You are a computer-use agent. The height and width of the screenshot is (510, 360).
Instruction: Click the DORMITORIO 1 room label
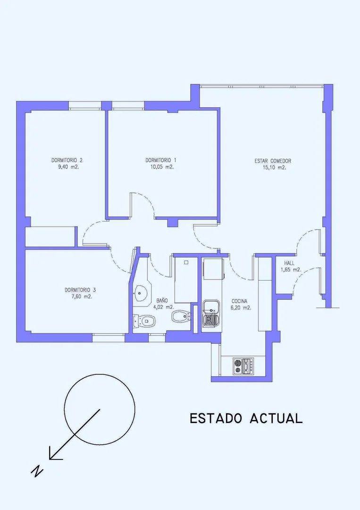point(161,160)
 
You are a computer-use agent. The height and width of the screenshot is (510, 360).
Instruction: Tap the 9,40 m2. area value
point(68,167)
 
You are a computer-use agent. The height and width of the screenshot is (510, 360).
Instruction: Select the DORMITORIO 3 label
point(80,290)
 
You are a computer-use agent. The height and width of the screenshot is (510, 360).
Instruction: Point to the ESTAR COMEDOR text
point(273,161)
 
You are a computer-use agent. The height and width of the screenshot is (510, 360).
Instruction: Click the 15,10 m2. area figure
point(274,168)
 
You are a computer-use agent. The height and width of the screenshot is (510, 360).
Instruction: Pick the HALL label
point(289,263)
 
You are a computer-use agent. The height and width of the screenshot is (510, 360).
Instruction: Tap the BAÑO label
point(162,300)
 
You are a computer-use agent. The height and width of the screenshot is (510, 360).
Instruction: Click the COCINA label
point(239,301)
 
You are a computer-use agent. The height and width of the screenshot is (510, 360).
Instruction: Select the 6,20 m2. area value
point(241,308)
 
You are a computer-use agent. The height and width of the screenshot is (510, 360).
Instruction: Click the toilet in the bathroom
point(144,321)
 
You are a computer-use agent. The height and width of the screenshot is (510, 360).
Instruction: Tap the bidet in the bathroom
point(181,316)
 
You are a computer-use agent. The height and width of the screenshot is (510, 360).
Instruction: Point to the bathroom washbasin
point(141,292)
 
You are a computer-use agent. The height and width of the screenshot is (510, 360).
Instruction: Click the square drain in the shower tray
point(186,262)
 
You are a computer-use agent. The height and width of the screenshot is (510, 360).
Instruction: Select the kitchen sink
point(210,313)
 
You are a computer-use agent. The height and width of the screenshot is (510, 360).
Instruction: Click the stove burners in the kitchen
point(243,365)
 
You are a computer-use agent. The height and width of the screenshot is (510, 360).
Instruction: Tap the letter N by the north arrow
point(37,471)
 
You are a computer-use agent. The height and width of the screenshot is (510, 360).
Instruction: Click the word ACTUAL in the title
point(276,418)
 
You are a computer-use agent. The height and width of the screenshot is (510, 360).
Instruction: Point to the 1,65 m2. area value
point(291,270)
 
